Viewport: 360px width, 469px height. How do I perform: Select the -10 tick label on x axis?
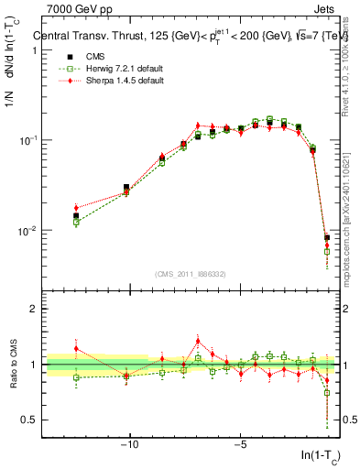coord(129,445)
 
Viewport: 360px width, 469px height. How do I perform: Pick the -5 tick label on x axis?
coord(240,445)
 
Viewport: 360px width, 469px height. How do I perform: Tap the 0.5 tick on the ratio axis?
coord(32,420)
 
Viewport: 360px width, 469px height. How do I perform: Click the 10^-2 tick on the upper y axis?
coord(28,230)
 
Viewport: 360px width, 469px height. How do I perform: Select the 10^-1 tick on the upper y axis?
coord(28,140)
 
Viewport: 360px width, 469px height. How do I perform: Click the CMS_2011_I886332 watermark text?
coord(187,275)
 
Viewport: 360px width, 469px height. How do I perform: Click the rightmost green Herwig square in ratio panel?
coord(327,392)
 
